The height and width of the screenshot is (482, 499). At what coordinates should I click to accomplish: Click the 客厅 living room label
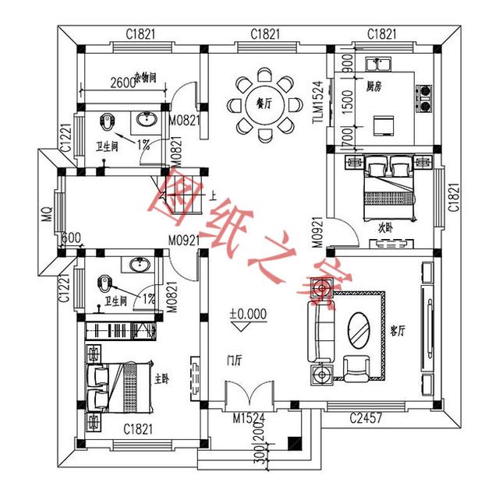[398, 330]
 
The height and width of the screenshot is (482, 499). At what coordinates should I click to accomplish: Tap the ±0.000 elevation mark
[248, 314]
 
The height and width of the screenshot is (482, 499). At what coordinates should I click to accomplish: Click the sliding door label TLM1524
[317, 102]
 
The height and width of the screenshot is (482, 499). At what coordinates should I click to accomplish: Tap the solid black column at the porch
[293, 443]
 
